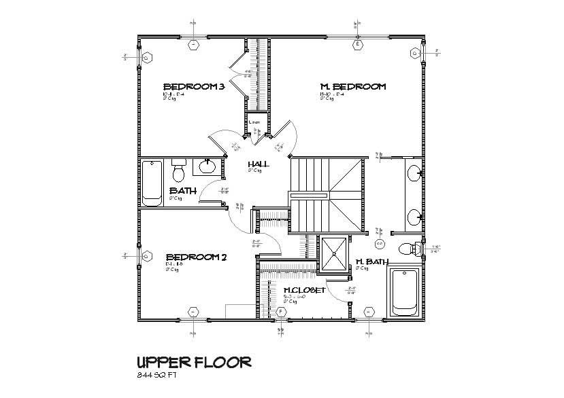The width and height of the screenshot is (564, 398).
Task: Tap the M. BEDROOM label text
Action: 353,86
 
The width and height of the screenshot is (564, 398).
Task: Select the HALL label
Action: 258,164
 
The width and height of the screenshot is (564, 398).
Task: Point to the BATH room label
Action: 182,191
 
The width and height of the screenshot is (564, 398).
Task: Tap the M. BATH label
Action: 371,261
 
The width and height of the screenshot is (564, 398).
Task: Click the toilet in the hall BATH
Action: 179,167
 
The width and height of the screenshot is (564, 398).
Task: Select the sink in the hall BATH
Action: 207,166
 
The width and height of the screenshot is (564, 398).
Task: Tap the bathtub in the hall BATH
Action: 152,183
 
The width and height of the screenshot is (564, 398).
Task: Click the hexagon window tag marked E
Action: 357,45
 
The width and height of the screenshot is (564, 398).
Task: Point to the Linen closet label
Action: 254,122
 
